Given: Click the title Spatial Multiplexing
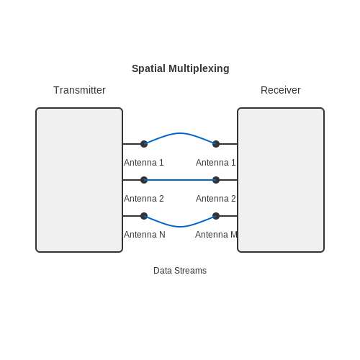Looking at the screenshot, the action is coord(181,68).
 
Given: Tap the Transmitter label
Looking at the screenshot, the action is coord(79,90).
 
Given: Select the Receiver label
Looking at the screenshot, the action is coord(281,90).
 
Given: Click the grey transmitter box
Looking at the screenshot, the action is coord(79,180).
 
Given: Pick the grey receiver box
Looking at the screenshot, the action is coord(281,180).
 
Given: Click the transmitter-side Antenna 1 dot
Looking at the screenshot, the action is coord(144,144).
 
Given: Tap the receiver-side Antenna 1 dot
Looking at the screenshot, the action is coord(216,144).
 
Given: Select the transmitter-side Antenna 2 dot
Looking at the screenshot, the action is coord(144,180).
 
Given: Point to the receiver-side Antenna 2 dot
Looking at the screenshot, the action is coord(216,180).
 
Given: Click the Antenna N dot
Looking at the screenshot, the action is coord(144,216).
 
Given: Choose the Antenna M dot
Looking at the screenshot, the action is coord(216,216).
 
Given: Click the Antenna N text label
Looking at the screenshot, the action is coord(145,235).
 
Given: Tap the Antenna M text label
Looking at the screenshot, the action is coord(216,235).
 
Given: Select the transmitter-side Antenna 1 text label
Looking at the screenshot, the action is coord(144,163).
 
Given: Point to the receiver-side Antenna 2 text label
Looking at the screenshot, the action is coord(216,199).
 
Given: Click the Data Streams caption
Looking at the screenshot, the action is coord(180,271).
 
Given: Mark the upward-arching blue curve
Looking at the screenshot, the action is coord(180,133).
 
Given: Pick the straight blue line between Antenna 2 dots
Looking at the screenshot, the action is coord(180,180).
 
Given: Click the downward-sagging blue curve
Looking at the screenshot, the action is coord(180,227).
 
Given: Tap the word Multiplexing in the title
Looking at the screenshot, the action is coord(199,68).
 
